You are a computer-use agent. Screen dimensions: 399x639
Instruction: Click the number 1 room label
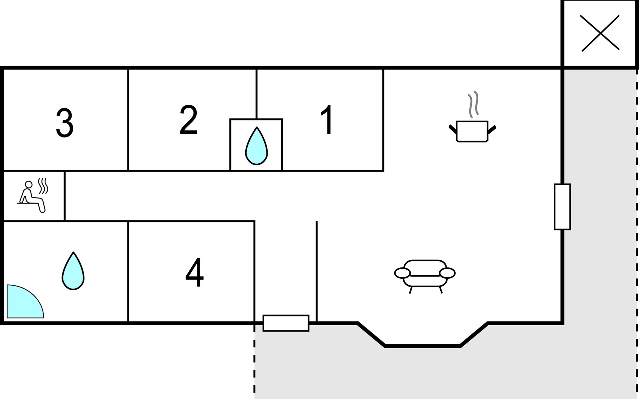[x=327, y=119]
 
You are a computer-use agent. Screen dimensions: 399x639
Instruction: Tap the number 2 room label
[x=188, y=120]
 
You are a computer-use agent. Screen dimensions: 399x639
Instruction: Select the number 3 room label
[x=65, y=123]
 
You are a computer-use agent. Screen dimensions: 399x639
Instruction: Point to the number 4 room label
[x=194, y=272]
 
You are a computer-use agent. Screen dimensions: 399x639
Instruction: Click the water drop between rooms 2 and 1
[x=256, y=146]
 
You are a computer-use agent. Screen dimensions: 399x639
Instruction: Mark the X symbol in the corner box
[x=600, y=33]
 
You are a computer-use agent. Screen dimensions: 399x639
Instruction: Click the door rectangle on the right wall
[x=562, y=207]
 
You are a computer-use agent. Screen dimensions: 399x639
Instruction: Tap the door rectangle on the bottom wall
[x=286, y=323]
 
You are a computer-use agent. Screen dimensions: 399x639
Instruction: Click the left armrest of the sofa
[x=402, y=273]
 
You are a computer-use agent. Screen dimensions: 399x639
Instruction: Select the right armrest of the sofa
[x=447, y=273]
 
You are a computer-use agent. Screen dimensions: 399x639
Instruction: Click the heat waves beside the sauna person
[x=43, y=186]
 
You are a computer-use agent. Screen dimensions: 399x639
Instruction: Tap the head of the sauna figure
[x=29, y=185]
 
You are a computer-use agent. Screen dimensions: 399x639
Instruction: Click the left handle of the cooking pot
[x=453, y=129]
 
